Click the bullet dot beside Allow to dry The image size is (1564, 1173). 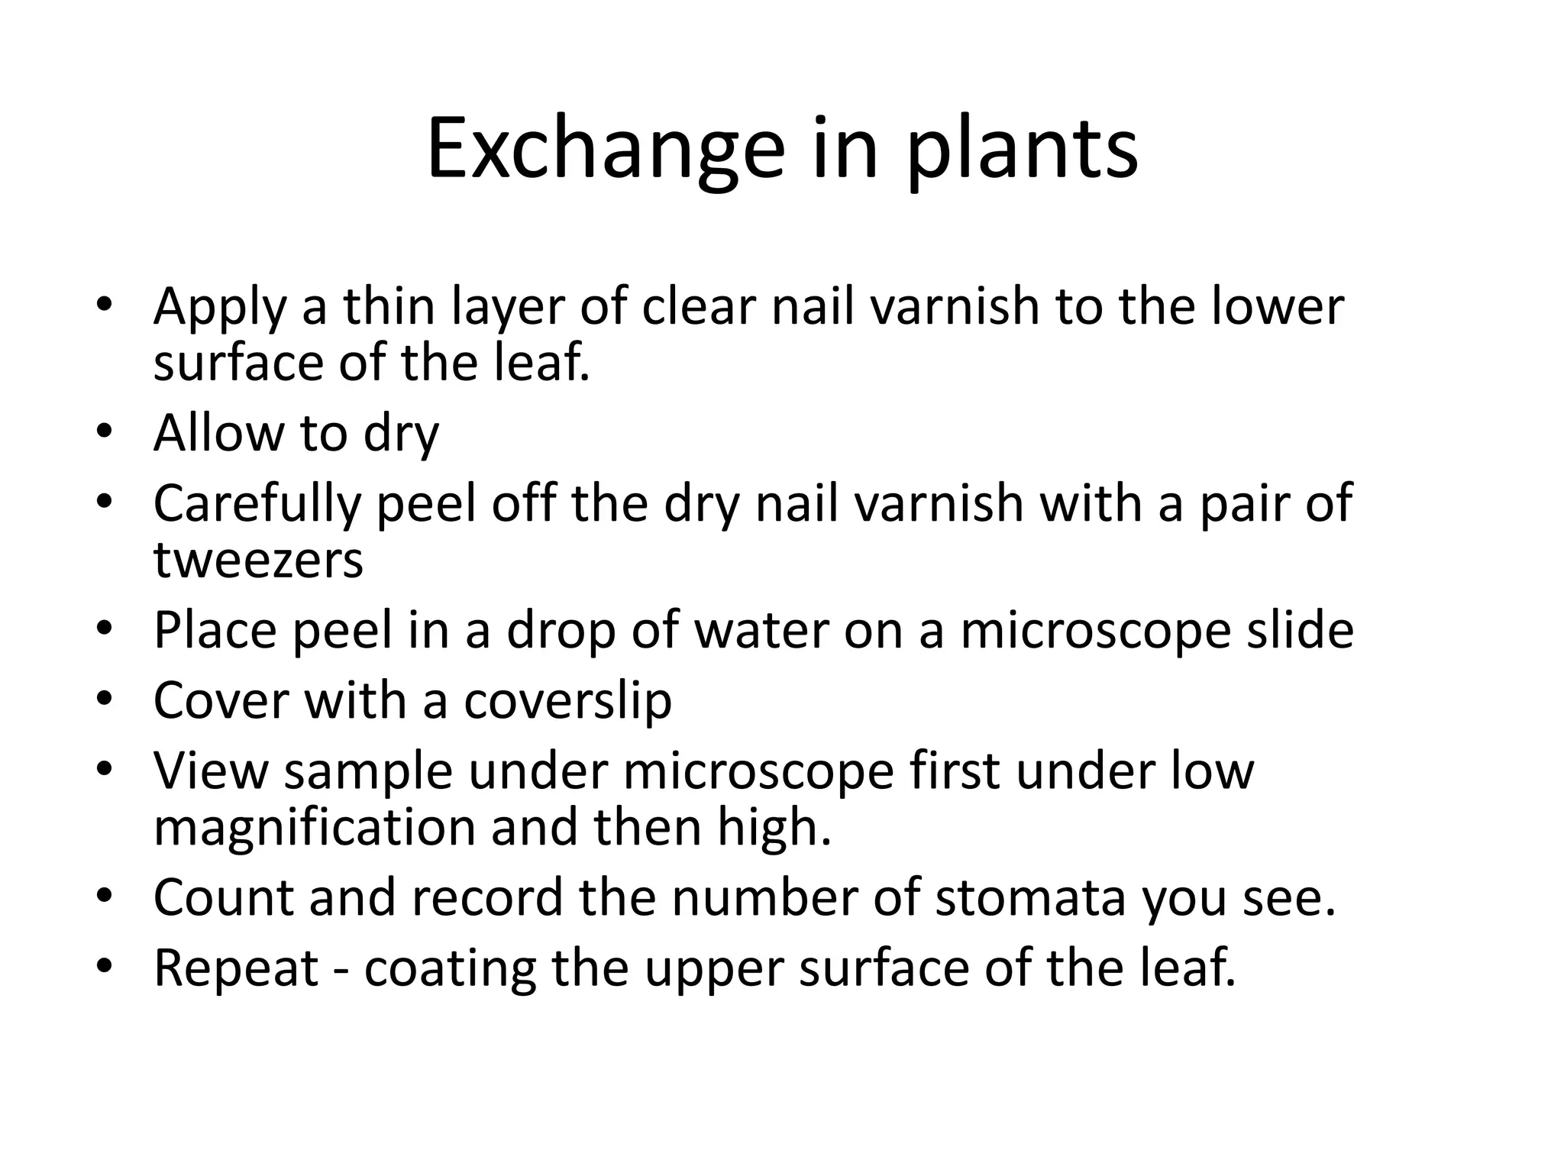[105, 430]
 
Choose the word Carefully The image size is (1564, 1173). [257, 504]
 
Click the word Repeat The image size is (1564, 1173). [236, 968]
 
